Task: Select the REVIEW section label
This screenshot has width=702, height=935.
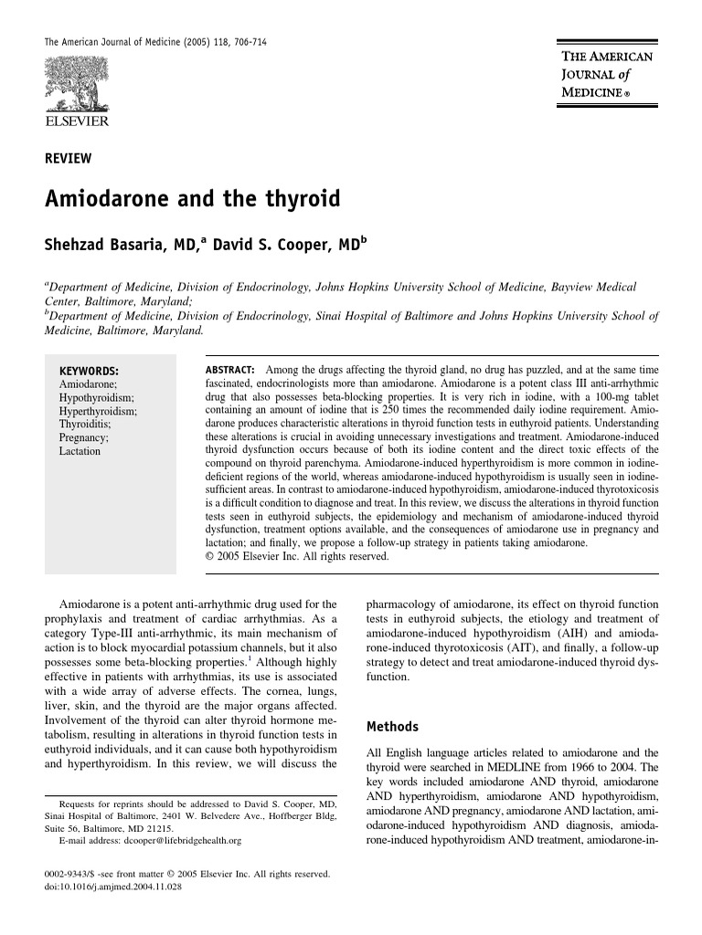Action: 68,159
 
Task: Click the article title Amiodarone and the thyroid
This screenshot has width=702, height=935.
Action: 192,199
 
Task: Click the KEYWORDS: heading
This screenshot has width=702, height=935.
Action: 89,372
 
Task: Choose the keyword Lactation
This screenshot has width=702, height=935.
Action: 80,451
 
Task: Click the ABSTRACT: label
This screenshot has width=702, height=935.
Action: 229,368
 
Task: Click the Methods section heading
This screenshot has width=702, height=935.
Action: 392,727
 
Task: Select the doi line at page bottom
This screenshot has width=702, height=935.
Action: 107,886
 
